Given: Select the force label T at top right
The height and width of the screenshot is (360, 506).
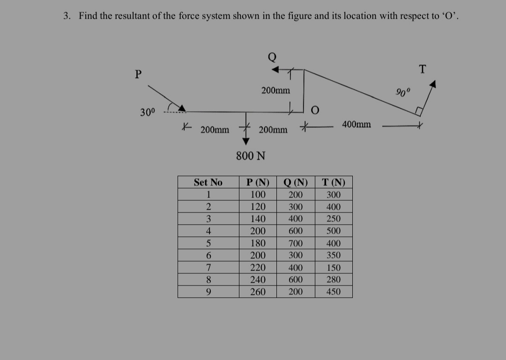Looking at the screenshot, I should pyautogui.click(x=422, y=69).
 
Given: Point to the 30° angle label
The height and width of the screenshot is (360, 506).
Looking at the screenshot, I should pyautogui.click(x=147, y=112).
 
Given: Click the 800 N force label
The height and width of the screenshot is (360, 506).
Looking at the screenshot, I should pyautogui.click(x=251, y=156).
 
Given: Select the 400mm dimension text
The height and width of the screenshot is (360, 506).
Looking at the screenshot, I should pyautogui.click(x=357, y=125).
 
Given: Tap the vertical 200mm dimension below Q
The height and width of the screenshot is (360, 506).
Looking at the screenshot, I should pyautogui.click(x=275, y=90).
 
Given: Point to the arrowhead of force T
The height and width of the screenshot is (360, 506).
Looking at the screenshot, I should pyautogui.click(x=433, y=85).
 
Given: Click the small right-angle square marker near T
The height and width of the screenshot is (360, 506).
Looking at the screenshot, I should pyautogui.click(x=419, y=111).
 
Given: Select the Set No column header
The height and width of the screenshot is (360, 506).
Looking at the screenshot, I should pyautogui.click(x=208, y=182).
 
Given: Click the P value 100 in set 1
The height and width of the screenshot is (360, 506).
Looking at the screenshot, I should pyautogui.click(x=258, y=195).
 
